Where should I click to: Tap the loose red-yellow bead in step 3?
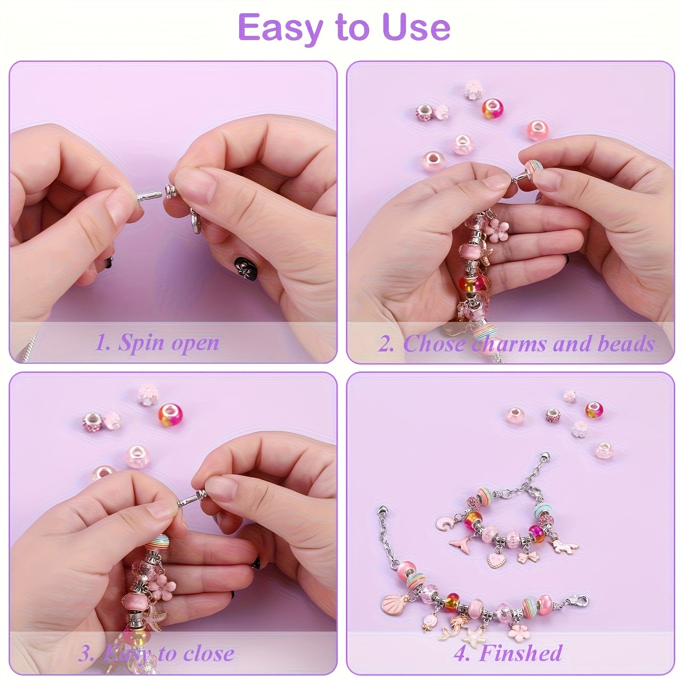(x=170, y=415)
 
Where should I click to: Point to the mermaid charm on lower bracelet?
(x=452, y=626)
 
